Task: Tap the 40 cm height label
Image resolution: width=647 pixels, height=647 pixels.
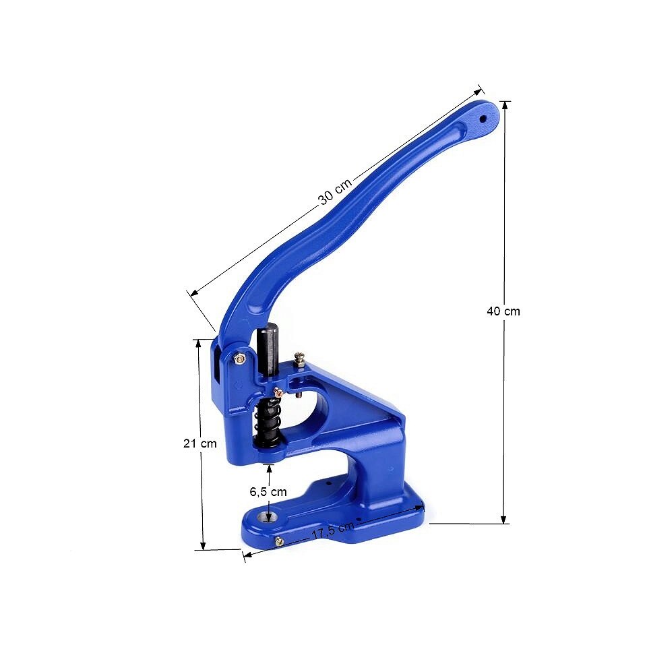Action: (x=503, y=311)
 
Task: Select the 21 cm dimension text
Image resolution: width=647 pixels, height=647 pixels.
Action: (x=199, y=443)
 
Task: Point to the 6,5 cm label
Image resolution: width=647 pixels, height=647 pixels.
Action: (x=268, y=491)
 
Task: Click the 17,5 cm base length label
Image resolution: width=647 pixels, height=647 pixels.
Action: (x=332, y=530)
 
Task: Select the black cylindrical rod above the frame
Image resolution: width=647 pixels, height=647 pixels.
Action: (x=269, y=350)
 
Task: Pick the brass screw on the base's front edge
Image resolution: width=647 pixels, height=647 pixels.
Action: (x=279, y=541)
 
